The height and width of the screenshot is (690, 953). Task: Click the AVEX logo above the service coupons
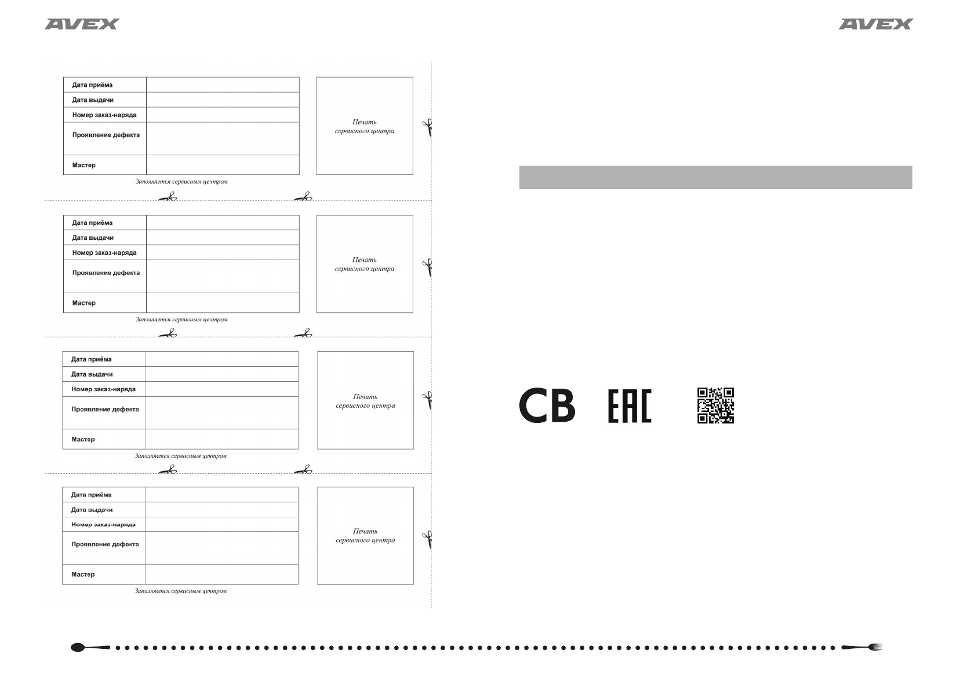pyautogui.click(x=82, y=24)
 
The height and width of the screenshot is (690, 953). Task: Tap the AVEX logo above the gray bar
pyautogui.click(x=875, y=24)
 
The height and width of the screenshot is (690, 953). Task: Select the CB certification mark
pyautogui.click(x=547, y=406)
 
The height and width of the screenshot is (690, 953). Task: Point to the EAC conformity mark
pyautogui.click(x=630, y=406)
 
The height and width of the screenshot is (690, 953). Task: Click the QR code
pyautogui.click(x=715, y=406)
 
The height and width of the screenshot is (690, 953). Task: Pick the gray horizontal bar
pyautogui.click(x=715, y=177)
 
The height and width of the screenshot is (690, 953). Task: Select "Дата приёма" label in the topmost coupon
pyautogui.click(x=92, y=85)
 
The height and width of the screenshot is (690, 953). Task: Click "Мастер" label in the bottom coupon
pyautogui.click(x=83, y=575)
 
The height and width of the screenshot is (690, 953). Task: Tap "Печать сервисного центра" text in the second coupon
pyautogui.click(x=365, y=264)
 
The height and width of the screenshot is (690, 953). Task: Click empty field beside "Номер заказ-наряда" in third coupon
pyautogui.click(x=222, y=389)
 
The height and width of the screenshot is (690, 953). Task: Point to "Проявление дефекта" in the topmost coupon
pyautogui.click(x=106, y=135)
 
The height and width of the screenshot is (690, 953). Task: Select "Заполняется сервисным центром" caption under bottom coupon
pyautogui.click(x=181, y=592)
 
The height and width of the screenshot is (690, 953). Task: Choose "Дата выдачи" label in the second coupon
pyautogui.click(x=93, y=238)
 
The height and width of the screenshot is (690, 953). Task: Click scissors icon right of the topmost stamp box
pyautogui.click(x=428, y=127)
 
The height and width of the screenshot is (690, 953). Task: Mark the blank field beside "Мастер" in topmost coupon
pyautogui.click(x=223, y=165)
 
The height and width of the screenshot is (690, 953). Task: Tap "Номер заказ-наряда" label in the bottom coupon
pyautogui.click(x=103, y=525)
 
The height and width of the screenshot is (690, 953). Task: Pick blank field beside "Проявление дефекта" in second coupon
pyautogui.click(x=223, y=276)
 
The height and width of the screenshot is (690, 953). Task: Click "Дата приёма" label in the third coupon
pyautogui.click(x=92, y=359)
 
